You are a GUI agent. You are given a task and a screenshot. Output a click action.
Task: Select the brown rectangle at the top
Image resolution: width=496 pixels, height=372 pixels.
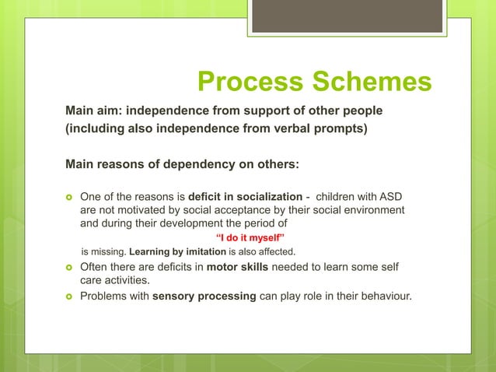pyautogui.click(x=347, y=16)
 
